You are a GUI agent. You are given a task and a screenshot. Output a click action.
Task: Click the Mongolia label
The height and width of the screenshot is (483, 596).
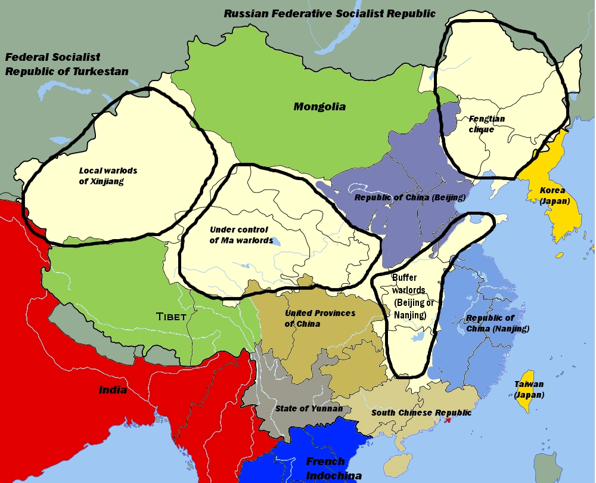click(x=319, y=107)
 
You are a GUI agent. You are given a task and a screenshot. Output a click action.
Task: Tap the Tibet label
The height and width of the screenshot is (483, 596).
click(x=171, y=317)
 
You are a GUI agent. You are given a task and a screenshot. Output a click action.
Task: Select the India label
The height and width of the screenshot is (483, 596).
click(x=113, y=390)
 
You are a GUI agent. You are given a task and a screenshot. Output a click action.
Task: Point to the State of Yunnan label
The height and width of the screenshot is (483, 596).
click(x=309, y=408)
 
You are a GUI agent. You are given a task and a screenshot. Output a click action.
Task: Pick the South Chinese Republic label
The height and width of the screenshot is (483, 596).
click(x=421, y=413)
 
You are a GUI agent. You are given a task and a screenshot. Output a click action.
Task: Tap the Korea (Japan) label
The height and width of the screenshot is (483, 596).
click(x=554, y=196)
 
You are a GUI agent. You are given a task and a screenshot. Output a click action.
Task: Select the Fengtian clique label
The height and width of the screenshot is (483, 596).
click(x=486, y=124)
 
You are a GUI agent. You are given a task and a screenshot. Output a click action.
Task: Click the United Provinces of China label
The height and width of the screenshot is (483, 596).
click(x=319, y=318)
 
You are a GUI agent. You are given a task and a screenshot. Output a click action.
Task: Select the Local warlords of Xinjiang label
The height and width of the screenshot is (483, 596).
click(x=108, y=176)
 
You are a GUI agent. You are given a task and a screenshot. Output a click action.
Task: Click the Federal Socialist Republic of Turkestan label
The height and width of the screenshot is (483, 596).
click(x=67, y=64)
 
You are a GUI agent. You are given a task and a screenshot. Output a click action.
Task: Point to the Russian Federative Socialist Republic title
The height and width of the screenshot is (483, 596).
click(x=330, y=13)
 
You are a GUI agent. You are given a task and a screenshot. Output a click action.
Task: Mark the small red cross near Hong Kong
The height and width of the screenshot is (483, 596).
click(x=448, y=420)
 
